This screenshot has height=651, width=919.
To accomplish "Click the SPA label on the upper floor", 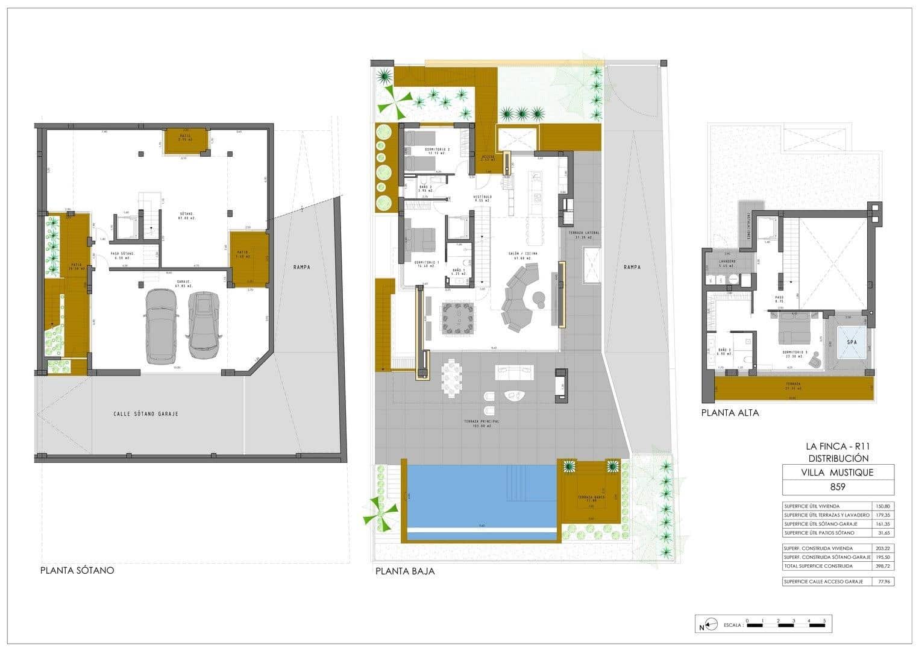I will pyautogui.click(x=852, y=342).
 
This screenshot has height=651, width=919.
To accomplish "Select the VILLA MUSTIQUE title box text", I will pyautogui.click(x=838, y=472).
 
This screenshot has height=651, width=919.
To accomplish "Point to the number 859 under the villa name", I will pyautogui.click(x=838, y=486).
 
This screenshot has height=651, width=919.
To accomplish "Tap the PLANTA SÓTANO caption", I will pyautogui.click(x=77, y=570).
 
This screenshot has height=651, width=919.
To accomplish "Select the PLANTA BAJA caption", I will pyautogui.click(x=404, y=571).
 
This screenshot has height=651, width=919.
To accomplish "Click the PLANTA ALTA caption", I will pyautogui.click(x=730, y=413).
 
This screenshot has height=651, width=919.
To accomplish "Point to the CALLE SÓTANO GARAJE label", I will pyautogui.click(x=146, y=414).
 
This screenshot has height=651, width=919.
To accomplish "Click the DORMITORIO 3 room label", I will pyautogui.click(x=797, y=352).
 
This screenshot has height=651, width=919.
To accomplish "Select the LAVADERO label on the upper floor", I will pyautogui.click(x=726, y=262).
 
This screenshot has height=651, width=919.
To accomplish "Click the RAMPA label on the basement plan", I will pyautogui.click(x=302, y=267).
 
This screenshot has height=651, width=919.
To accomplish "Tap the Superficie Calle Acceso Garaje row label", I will pyautogui.click(x=823, y=582).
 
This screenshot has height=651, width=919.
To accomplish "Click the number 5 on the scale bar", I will pyautogui.click(x=824, y=620).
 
